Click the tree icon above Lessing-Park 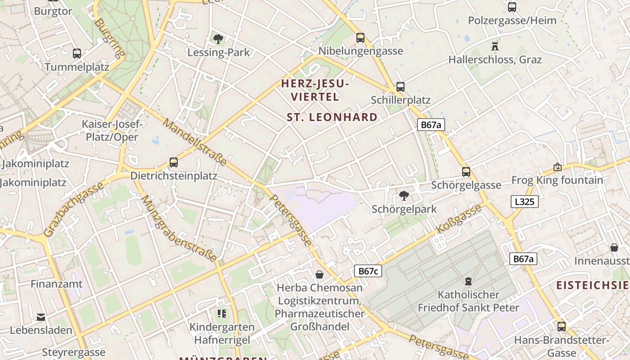click(x=218, y=39)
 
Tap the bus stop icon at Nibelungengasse click(x=360, y=38)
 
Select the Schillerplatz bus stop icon click(x=400, y=87)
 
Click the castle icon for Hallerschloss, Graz click(x=495, y=46)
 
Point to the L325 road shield click(x=525, y=202)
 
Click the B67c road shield click(x=368, y=271)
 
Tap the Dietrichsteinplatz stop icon click(x=174, y=162)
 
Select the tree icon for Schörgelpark click(x=404, y=196)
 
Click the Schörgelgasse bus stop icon click(x=466, y=171)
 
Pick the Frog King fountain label click(x=557, y=180)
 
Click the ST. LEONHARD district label click(x=332, y=117)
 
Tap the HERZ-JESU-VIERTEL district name click(x=315, y=90)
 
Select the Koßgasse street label click(x=459, y=219)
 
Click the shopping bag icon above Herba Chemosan click(x=319, y=274)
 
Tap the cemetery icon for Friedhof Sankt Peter click(x=468, y=281)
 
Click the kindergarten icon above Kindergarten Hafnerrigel click(x=221, y=313)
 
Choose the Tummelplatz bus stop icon click(x=77, y=54)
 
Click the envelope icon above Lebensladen click(x=41, y=317)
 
